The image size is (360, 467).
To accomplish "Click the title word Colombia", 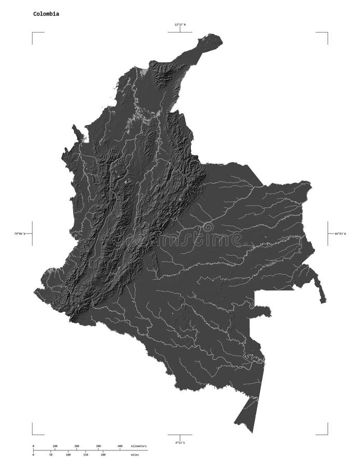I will point(46,14).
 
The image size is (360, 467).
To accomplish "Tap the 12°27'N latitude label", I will point(180,24).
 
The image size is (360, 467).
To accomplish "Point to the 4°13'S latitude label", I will point(180,443).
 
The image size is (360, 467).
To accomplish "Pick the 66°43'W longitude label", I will point(337,233).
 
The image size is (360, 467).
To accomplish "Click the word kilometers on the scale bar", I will point(139,446).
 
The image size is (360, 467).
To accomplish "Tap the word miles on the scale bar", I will point(135,455).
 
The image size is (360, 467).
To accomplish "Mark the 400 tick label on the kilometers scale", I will point(120,446).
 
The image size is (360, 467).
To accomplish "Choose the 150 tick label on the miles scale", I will point(86,455).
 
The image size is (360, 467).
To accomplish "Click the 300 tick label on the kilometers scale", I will point(98,446).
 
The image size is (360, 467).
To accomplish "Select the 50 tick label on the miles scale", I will point(50,455).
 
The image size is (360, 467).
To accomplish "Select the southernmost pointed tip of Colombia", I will point(253,432).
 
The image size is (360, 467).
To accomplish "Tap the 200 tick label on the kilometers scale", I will point(76,446).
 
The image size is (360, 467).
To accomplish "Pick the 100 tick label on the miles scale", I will point(68,455).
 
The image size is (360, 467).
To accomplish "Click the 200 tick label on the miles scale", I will point(103,455).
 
